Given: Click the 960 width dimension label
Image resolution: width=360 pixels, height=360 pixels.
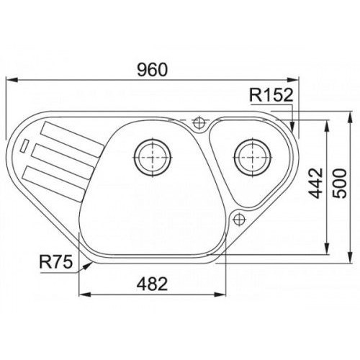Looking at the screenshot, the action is coord(152,70).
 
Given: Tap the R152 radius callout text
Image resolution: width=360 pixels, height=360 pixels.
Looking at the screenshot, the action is coord(271,95).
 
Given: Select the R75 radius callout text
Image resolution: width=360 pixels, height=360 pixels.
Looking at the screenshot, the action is coord(56,262).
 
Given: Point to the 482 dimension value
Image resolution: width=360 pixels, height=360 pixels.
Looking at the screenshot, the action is coord(152,284).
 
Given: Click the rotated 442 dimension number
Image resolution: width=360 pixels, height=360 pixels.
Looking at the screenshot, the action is coord(315,184).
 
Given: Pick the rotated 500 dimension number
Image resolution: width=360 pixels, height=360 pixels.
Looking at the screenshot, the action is coord(340,184).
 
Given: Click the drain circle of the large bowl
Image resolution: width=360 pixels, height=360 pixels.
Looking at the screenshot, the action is coord(153,158).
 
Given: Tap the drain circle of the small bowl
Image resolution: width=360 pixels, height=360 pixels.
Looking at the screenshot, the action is coord(253,158).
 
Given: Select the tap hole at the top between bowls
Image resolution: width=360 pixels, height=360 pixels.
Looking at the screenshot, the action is coord(199,122).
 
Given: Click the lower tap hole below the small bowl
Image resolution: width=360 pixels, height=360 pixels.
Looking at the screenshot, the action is coord(239,219).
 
